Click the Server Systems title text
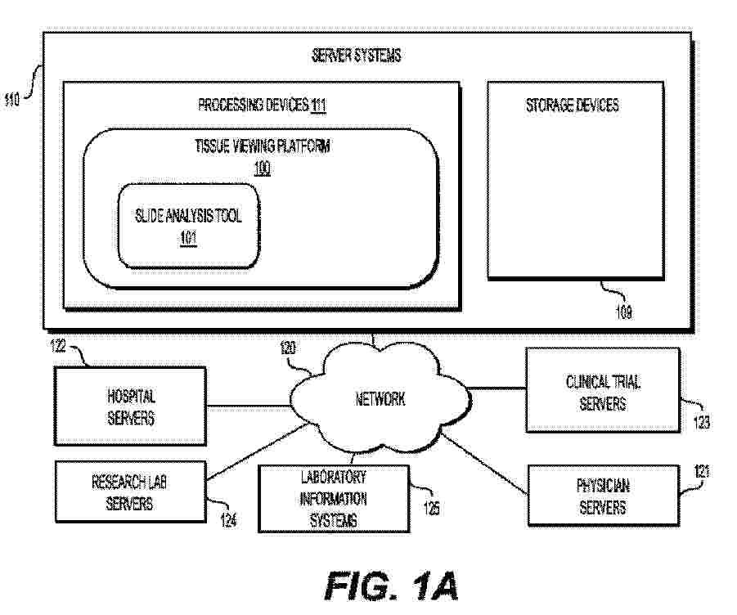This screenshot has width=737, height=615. (x=356, y=56)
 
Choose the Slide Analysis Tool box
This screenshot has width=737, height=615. (x=189, y=227)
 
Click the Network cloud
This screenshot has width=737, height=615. (x=380, y=399)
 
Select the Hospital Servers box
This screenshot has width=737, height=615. (x=131, y=406)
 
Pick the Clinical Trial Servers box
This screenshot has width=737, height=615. (x=602, y=391)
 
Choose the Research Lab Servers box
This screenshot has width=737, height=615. (x=129, y=492)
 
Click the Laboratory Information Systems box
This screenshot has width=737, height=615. (x=333, y=498)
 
